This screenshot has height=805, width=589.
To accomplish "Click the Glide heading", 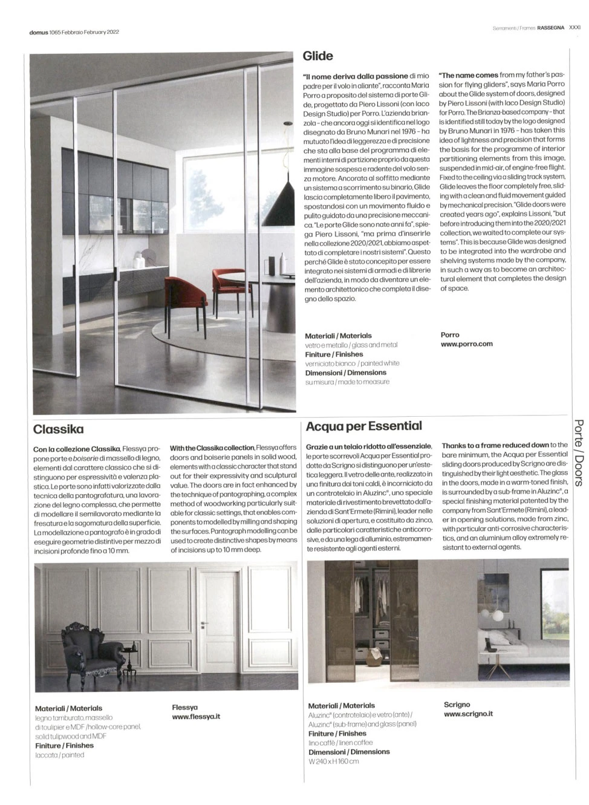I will tap(317, 56).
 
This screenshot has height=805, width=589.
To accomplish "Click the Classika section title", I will tap(59, 429).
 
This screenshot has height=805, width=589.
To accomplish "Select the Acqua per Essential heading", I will tap(364, 426).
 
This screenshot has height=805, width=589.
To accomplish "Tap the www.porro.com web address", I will tap(466, 344).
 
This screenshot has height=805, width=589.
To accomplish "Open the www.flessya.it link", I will tap(196, 717).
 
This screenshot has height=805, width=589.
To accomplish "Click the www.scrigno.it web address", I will tap(468, 714).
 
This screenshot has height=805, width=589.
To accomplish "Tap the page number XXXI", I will tap(574, 27).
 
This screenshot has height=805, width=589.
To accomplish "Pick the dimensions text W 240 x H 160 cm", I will tap(333, 761).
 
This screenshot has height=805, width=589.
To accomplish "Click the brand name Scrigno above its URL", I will tap(457, 705).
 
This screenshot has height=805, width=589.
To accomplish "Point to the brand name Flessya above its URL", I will tap(184, 707).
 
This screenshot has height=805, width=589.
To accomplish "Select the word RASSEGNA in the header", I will tap(551, 27).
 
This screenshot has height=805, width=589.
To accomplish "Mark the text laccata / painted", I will tap(59, 755).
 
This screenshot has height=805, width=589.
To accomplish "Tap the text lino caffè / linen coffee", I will tap(340, 743).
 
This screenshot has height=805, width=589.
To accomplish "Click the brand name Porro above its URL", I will tap(450, 334).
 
